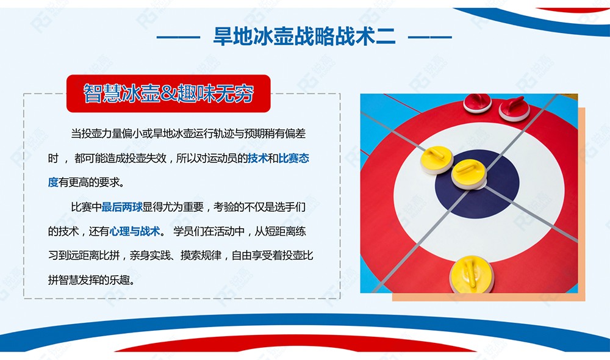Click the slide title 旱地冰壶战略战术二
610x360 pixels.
pyautogui.click(x=304, y=37)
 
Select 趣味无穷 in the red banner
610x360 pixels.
pyautogui.click(x=215, y=93)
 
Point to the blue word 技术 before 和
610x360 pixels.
pyautogui.click(x=258, y=158)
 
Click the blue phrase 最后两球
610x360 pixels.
pyautogui.click(x=122, y=207)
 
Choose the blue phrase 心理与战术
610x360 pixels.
pyautogui.click(x=135, y=231)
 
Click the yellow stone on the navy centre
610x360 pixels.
pyautogui.click(x=468, y=174)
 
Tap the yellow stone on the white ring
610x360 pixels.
pyautogui.click(x=437, y=160)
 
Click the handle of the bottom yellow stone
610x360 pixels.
pyautogui.click(x=471, y=273)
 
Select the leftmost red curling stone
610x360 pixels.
pyautogui.click(x=478, y=103)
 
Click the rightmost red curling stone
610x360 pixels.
pyautogui.click(x=514, y=109)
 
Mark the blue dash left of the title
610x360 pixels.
pyautogui.click(x=179, y=37)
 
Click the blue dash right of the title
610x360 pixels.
pyautogui.click(x=430, y=37)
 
